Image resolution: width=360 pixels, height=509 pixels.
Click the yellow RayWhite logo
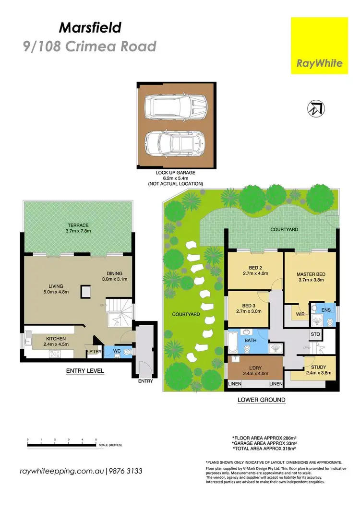pos(320,46)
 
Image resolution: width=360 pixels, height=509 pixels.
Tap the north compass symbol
pos(314,109)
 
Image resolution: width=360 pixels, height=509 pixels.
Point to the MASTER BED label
pos(311,274)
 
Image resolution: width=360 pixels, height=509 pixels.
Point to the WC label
pos(117,351)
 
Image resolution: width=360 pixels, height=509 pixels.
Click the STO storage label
pos(315,334)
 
